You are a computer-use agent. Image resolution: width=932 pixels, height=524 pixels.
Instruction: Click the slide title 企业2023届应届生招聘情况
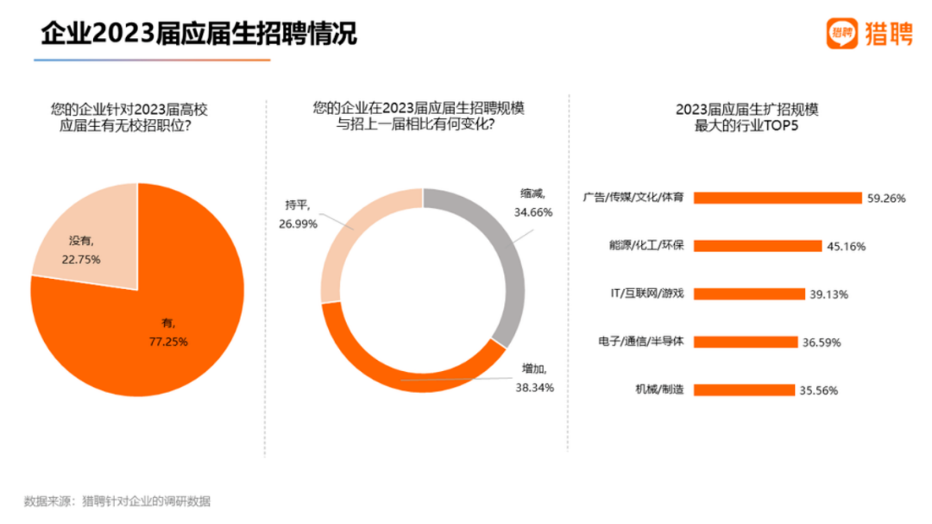tap(199, 34)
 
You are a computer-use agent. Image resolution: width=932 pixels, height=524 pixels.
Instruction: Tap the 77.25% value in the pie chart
tap(169, 341)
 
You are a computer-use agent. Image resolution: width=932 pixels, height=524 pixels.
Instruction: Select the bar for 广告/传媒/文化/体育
tap(778, 198)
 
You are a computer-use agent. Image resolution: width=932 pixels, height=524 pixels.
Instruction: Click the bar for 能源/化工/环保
tap(758, 246)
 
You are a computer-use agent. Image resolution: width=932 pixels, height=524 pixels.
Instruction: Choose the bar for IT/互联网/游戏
tap(749, 294)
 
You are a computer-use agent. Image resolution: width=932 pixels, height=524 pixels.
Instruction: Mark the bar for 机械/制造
tap(744, 389)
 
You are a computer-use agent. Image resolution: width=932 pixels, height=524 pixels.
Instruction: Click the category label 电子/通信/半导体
tap(640, 342)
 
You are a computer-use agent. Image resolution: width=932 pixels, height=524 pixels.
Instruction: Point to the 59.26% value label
tap(886, 198)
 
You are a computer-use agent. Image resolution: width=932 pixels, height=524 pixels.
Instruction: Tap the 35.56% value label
tap(819, 389)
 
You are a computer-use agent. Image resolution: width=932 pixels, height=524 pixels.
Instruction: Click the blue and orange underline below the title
tap(152, 60)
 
